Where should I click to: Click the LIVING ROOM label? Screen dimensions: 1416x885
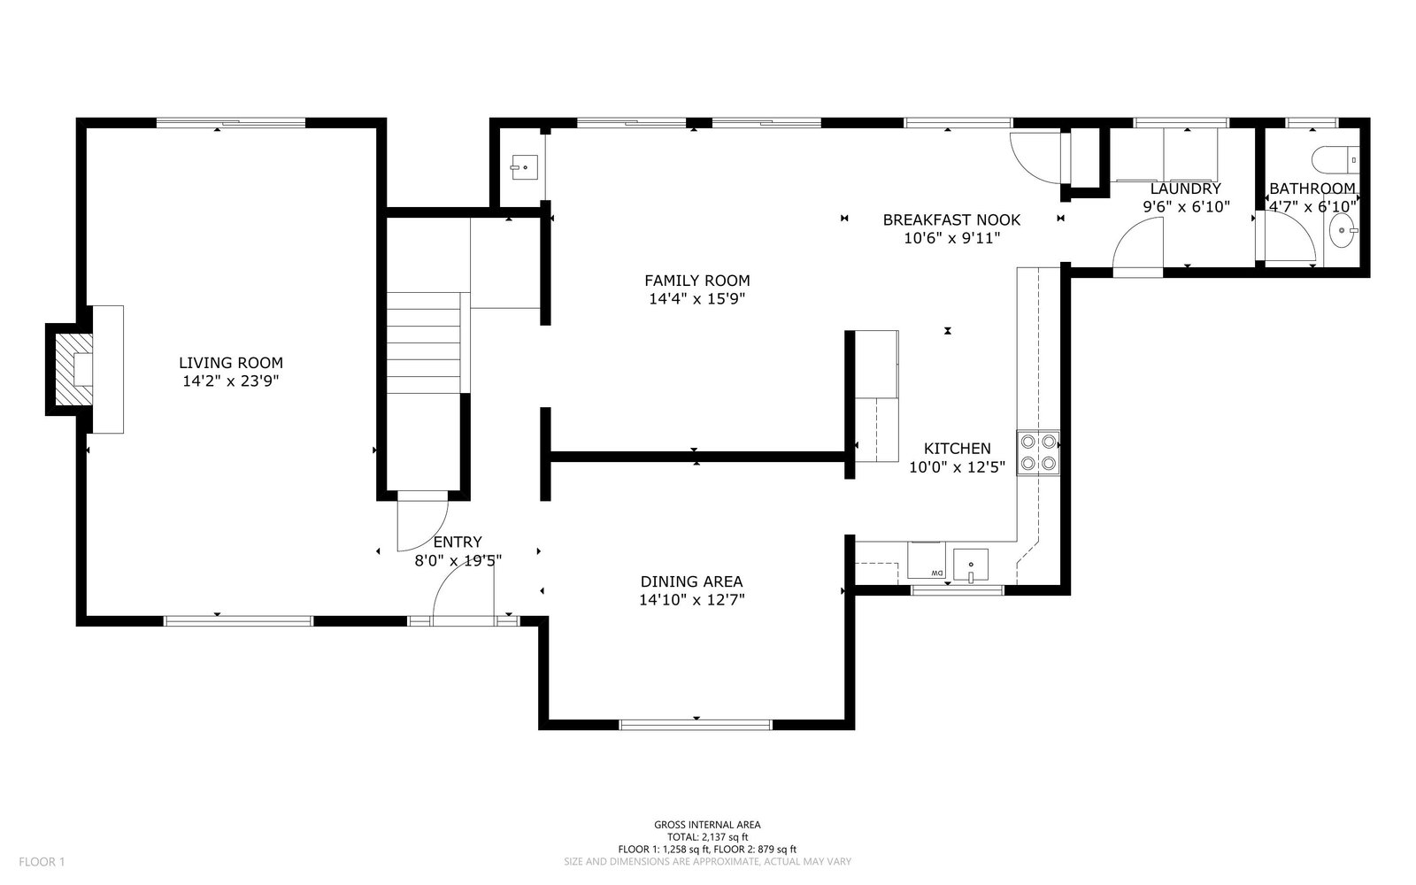point(231,363)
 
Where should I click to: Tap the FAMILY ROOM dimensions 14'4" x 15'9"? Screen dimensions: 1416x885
point(697,298)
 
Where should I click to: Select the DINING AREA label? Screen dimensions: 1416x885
point(691,581)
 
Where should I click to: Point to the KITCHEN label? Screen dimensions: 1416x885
point(957,449)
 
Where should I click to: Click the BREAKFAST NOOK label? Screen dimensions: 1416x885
point(951,220)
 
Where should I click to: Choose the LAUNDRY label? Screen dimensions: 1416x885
point(1185,189)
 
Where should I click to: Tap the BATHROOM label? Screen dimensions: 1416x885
point(1312,189)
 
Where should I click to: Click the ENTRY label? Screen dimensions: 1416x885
point(458,542)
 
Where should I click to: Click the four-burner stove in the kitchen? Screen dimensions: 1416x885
point(1038,452)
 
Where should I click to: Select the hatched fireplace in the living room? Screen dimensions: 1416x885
point(73,370)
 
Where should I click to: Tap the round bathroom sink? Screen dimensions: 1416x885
point(1343,230)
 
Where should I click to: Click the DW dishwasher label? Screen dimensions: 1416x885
point(936,573)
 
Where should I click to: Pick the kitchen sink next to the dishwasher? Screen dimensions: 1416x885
point(970,565)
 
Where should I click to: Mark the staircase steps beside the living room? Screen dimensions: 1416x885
point(424,342)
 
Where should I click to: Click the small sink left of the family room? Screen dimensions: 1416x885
point(525,167)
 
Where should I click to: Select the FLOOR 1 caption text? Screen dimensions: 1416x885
point(42,862)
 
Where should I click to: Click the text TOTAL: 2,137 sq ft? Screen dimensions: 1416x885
point(707,837)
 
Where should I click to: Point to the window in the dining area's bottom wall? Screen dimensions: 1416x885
point(696,725)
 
